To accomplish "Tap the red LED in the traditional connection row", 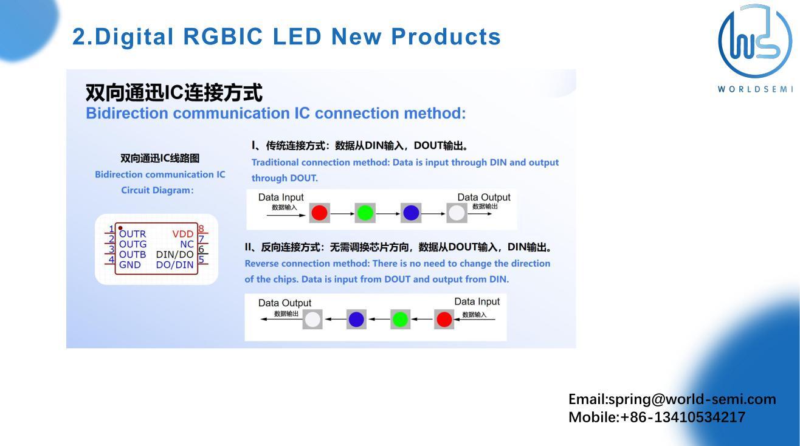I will coord(319,213).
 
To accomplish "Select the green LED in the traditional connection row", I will coord(365,213).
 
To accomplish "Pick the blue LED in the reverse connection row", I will coord(356,320).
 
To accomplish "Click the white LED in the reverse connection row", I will coord(312,320).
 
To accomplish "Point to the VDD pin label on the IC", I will coord(182,234).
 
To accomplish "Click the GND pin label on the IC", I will coord(129,265).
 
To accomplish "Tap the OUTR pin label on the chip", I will coord(133,234).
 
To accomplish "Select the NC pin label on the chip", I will coord(187,244).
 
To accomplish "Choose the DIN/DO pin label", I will coord(174,255).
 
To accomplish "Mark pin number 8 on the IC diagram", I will coord(201,230).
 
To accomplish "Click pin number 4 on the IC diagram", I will coord(111,260).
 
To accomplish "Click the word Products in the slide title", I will coord(446,36).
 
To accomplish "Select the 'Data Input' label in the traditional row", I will coord(281,197).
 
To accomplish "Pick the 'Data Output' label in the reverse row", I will coord(284,303).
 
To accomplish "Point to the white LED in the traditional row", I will coord(457,213).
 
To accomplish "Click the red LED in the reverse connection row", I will coord(444,320).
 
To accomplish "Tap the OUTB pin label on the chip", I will coord(133,255).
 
